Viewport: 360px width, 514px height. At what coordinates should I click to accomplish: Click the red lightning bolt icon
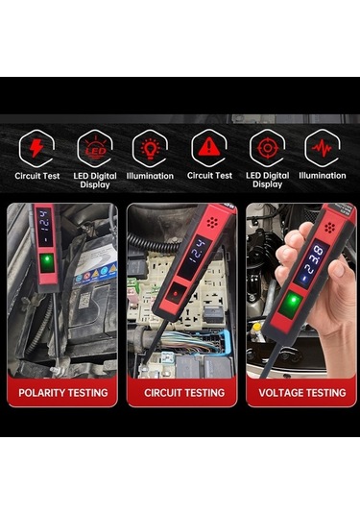coord(36,147)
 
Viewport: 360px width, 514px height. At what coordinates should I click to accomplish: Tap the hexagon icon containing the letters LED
coord(94,147)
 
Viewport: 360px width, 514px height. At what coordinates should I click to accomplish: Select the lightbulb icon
coord(150,147)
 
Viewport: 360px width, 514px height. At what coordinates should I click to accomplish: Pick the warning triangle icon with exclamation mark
coord(206,147)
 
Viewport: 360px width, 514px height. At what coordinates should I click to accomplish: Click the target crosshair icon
coord(267,147)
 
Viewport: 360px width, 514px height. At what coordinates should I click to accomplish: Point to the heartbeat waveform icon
coord(323,147)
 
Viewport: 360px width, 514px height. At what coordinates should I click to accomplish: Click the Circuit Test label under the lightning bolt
coord(36,176)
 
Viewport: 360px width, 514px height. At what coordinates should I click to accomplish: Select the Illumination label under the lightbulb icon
coord(150,176)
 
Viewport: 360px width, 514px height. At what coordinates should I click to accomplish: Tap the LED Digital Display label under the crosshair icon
coord(267,180)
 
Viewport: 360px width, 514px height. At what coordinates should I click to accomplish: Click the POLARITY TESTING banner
coord(63,392)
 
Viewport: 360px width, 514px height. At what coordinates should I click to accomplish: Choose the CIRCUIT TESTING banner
coord(182,392)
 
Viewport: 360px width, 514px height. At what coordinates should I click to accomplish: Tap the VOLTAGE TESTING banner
coord(301,392)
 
